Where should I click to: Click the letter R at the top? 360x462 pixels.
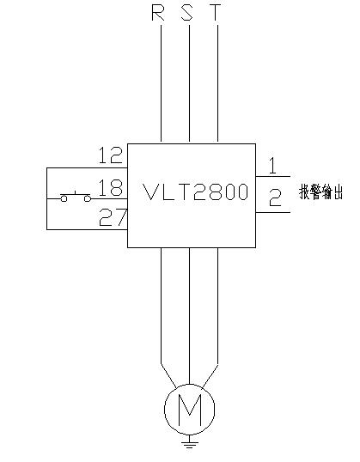pos(158,13)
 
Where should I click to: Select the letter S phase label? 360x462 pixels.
pos(186,13)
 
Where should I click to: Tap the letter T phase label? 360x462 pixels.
pos(216,13)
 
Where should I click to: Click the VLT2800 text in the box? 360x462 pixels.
pos(195,191)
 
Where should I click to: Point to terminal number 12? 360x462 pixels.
pos(110,155)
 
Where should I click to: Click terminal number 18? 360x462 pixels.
pos(110,187)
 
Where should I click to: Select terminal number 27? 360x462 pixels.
pos(113,217)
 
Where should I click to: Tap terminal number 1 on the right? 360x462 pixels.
pos(273,166)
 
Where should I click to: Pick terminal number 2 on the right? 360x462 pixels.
pos(275,198)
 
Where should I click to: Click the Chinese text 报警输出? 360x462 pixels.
pos(321,191)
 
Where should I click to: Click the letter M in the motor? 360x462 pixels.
pos(190,410)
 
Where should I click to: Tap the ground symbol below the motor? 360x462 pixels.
pos(189,442)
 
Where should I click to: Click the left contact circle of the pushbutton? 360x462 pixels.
pos(64,198)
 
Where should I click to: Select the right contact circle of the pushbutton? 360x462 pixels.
pos(88,198)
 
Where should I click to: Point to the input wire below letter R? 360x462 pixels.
pos(161,83)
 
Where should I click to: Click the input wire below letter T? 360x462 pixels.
pos(217,83)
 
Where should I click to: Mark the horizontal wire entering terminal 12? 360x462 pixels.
pos(87,168)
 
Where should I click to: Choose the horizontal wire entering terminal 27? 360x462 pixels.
pos(87,229)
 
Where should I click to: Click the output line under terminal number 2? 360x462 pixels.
pos(273,212)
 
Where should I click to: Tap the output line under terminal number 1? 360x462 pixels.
pos(273,177)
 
